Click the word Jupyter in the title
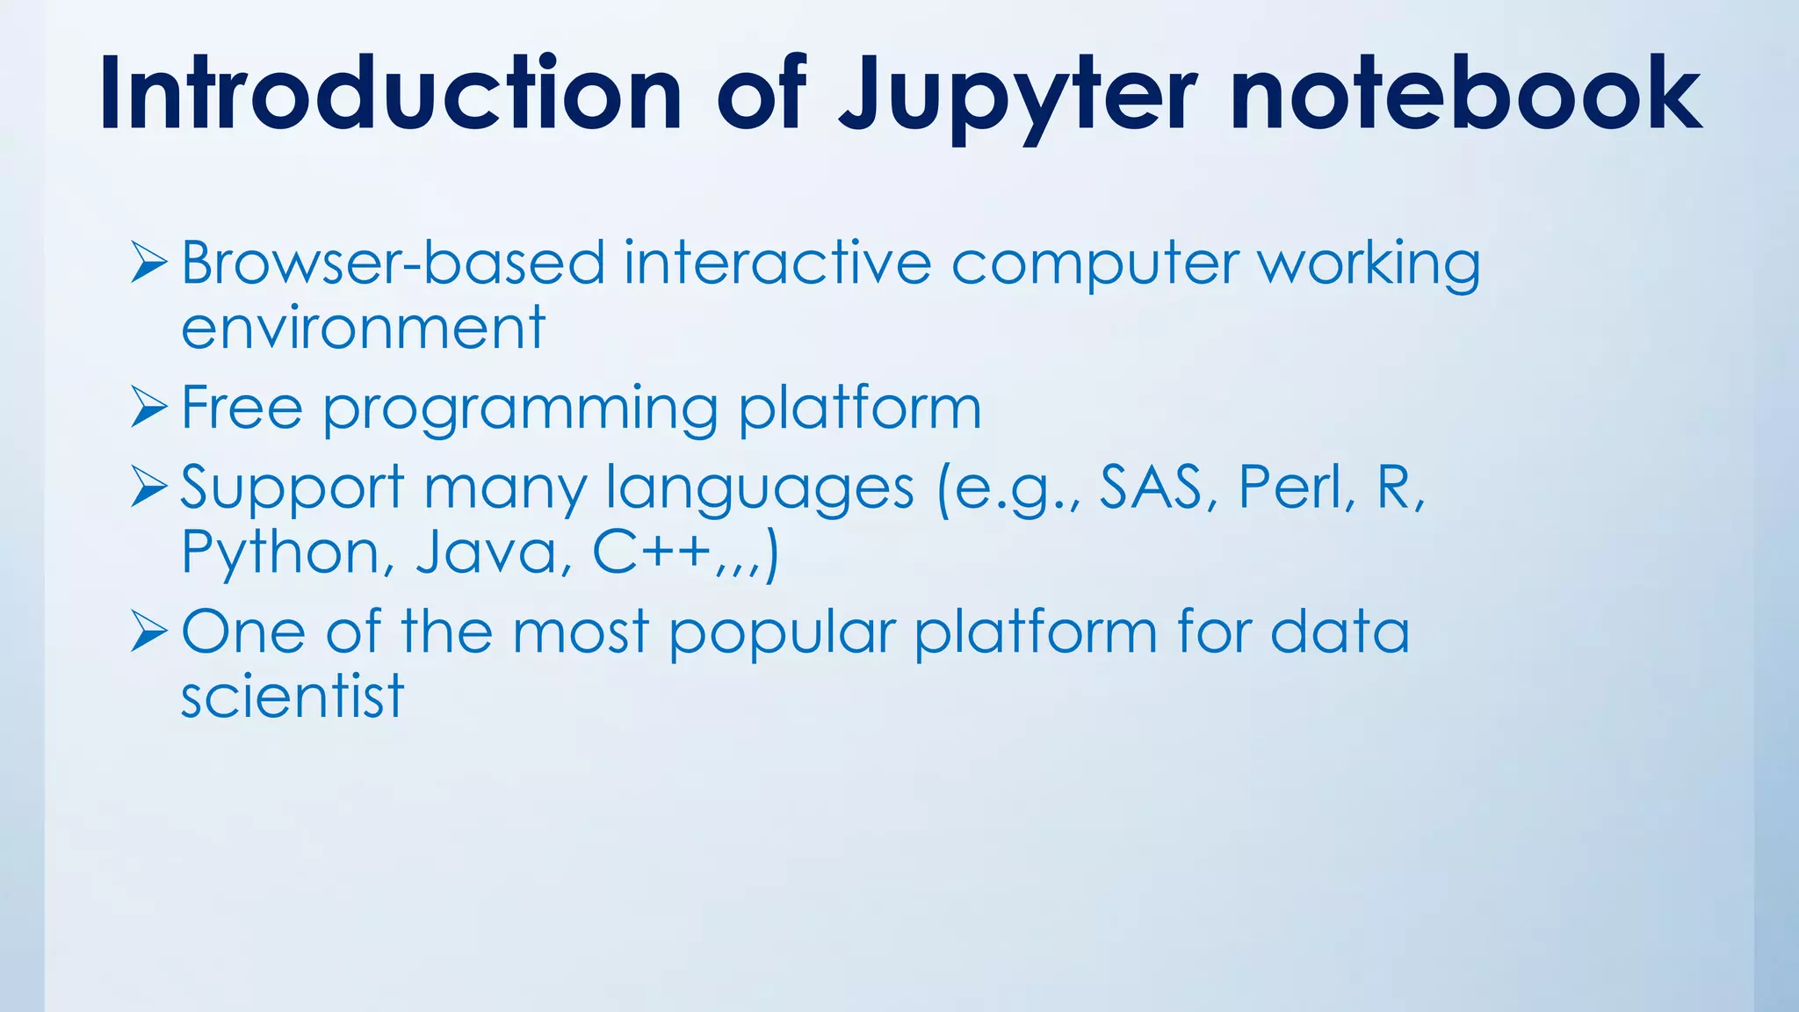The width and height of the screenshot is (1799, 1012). pos(1017,95)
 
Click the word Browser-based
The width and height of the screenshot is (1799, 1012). pos(393,263)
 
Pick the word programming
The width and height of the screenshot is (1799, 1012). pos(520,410)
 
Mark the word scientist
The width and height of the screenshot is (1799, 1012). pos(292,697)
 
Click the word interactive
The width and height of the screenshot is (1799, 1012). pos(777,263)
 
